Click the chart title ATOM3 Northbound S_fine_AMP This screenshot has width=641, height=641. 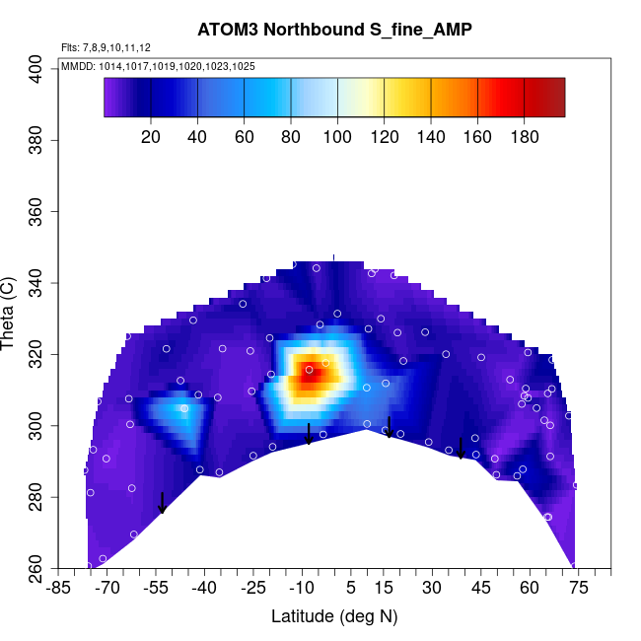pyautogui.click(x=333, y=31)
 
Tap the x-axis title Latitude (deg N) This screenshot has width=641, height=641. pyautogui.click(x=334, y=616)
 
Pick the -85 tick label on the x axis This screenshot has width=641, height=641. pyautogui.click(x=59, y=588)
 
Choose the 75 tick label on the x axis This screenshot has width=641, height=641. pyautogui.click(x=578, y=588)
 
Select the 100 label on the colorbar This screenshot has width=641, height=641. pyautogui.click(x=338, y=137)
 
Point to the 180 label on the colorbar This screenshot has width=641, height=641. pyautogui.click(x=525, y=137)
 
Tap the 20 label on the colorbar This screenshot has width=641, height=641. pyautogui.click(x=151, y=137)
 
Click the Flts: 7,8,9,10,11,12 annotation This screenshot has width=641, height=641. pyautogui.click(x=106, y=47)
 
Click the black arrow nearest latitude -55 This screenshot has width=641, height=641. pyautogui.click(x=162, y=503)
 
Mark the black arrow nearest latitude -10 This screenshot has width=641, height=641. pyautogui.click(x=309, y=434)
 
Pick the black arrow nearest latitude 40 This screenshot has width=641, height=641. pyautogui.click(x=461, y=449)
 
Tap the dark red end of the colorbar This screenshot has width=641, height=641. pyautogui.click(x=552, y=98)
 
